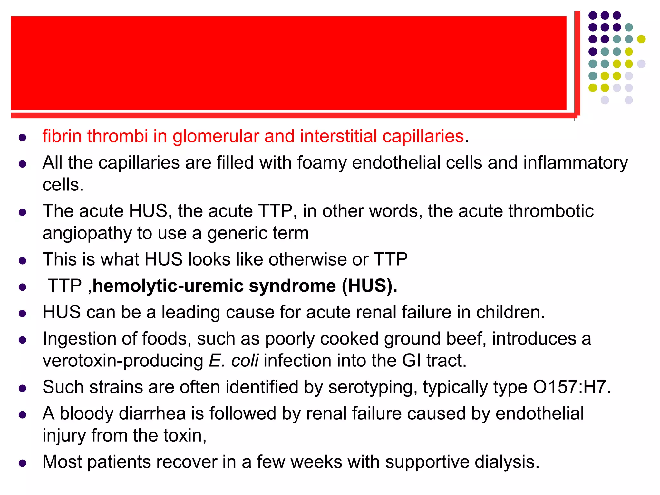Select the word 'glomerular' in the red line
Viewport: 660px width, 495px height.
tap(216, 137)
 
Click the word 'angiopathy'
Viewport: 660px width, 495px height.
tap(87, 234)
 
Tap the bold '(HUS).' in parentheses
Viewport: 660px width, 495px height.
tap(369, 286)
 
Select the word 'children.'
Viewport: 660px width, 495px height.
tap(510, 312)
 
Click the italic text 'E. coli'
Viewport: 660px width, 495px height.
tap(234, 361)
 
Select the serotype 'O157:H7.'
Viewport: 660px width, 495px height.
tap(572, 387)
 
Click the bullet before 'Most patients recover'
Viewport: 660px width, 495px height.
tap(22, 463)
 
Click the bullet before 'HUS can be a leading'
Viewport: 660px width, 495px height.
tap(22, 314)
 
